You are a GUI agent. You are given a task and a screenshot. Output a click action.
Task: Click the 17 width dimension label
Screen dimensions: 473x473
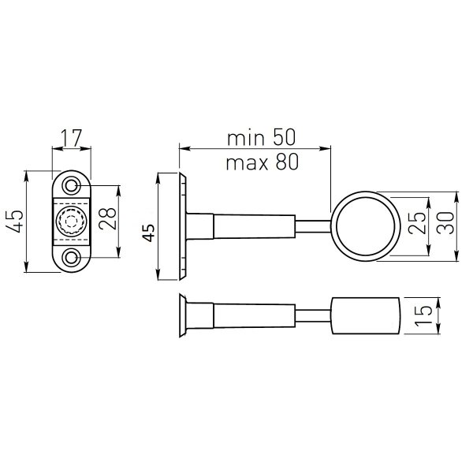click(x=72, y=138)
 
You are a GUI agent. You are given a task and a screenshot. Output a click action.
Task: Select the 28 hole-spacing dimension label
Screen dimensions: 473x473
click(x=108, y=218)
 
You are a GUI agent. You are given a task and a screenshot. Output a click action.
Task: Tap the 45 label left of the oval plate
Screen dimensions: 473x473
click(x=14, y=221)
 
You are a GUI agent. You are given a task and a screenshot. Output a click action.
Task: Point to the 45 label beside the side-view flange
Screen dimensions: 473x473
click(x=148, y=233)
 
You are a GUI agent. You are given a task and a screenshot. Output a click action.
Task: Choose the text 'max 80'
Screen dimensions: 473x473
click(x=263, y=162)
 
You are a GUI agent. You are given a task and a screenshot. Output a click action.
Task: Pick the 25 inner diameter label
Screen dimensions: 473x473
click(x=416, y=223)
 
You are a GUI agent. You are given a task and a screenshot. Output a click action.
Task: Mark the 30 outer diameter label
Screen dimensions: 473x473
click(x=445, y=223)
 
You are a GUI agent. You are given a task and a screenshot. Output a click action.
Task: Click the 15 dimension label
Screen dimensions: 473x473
click(x=423, y=315)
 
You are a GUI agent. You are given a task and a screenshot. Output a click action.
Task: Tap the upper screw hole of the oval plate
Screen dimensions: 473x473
click(x=72, y=185)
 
